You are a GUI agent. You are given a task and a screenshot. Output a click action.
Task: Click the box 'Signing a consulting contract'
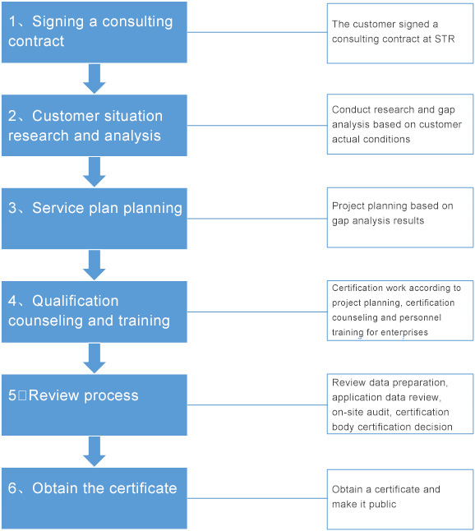pyautogui.click(x=95, y=32)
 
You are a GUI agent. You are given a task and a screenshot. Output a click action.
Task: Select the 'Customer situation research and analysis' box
pyautogui.click(x=95, y=125)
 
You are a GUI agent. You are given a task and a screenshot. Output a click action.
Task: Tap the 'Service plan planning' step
pyautogui.click(x=95, y=219)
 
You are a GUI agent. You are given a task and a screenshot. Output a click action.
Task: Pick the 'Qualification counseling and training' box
pyautogui.click(x=95, y=312)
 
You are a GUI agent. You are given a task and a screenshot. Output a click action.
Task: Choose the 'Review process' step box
pyautogui.click(x=95, y=404)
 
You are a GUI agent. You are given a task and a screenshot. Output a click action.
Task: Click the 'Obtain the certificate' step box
pyautogui.click(x=95, y=498)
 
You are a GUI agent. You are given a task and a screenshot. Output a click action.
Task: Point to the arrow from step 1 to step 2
pyautogui.click(x=95, y=79)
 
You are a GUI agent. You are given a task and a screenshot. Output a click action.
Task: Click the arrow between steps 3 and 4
pyautogui.click(x=95, y=265)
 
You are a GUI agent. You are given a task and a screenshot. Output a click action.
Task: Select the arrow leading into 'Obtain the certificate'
pyautogui.click(x=95, y=451)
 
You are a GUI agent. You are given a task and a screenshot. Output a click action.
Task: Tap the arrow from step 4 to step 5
pyautogui.click(x=95, y=358)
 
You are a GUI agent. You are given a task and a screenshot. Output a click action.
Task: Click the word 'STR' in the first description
pyautogui.click(x=445, y=39)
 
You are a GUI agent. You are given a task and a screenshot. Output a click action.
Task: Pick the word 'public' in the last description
pyautogui.click(x=383, y=504)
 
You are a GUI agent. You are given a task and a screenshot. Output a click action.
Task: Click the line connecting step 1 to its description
pyautogui.click(x=257, y=33)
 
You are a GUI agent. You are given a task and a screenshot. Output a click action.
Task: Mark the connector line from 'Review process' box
pyautogui.click(x=257, y=404)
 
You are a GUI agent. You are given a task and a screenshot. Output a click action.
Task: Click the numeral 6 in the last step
pyautogui.click(x=12, y=488)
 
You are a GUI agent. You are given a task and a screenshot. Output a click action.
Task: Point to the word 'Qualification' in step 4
pyautogui.click(x=75, y=301)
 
